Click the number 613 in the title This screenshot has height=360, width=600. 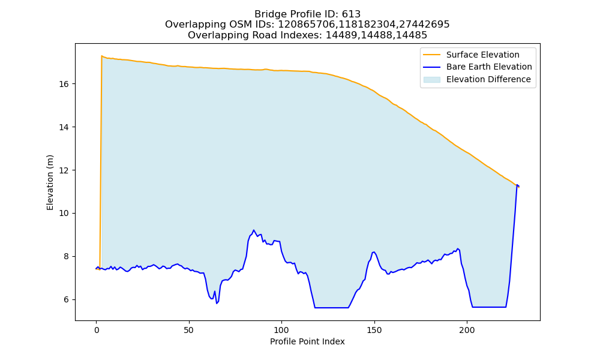tap(351, 14)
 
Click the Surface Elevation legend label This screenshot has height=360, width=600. tap(482, 55)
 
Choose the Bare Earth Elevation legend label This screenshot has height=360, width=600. tap(489, 67)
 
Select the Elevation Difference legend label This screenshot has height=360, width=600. tap(488, 79)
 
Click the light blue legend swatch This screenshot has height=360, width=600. tap(431, 80)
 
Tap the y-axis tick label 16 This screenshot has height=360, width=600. tap(64, 84)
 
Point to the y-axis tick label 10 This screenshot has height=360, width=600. tap(64, 213)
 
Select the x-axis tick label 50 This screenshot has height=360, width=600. tap(188, 330)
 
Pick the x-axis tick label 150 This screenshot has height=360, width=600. tap(374, 330)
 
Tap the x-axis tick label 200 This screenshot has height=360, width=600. tap(467, 330)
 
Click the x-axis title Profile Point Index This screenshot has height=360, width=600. tap(307, 341)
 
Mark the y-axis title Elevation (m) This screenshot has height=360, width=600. tap(50, 182)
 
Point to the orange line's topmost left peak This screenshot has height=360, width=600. tap(101, 56)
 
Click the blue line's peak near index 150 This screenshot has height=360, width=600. tap(374, 252)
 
